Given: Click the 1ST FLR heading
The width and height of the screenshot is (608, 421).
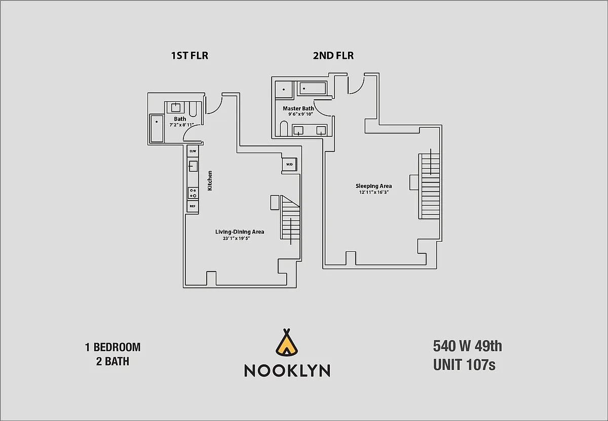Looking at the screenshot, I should coord(189,56).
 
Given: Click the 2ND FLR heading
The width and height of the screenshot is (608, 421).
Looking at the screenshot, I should coord(333,56).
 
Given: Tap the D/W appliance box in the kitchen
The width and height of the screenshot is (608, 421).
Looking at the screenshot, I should coord(193,151).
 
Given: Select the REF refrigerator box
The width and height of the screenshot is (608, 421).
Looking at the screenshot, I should coord(193,206).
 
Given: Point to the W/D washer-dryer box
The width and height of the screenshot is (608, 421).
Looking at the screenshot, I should coord(289,164).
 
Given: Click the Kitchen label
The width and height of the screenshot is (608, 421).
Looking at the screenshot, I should coord(210,181).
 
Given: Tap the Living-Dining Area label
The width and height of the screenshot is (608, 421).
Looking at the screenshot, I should coord(240,232).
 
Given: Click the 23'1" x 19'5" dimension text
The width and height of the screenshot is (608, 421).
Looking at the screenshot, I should coord(237,239).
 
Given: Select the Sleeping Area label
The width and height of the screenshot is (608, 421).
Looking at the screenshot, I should coord(373,186).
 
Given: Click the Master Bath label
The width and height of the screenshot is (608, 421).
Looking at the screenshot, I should coord(298,108).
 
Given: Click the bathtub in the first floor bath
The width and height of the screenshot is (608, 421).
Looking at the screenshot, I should coord(157,129).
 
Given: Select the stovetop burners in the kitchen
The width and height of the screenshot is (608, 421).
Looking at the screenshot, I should coord(193,193).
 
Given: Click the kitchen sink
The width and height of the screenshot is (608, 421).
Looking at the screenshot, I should coord(193,166).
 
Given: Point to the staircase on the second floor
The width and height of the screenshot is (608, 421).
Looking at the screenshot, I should coord(429,185).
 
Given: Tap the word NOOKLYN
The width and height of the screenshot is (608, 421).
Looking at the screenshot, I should coord(287,370).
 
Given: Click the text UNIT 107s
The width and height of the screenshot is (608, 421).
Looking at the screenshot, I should coord(464,365).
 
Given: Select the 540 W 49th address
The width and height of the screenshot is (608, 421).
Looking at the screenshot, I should coord(467,347).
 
